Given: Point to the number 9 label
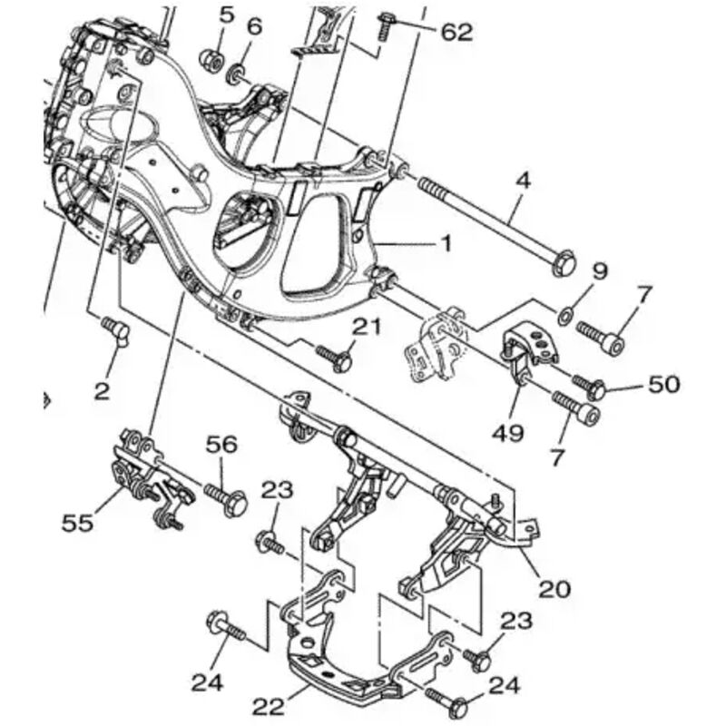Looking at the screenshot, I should tap(600, 270).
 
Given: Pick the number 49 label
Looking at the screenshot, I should tap(510, 434).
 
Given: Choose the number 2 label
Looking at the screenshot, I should tap(102, 391).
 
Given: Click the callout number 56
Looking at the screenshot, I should tap(221, 445).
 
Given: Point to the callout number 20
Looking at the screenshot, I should tap(554, 588).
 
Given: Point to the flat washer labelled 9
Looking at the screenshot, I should tap(564, 314).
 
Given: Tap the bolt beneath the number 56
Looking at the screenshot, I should tap(225, 495).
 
